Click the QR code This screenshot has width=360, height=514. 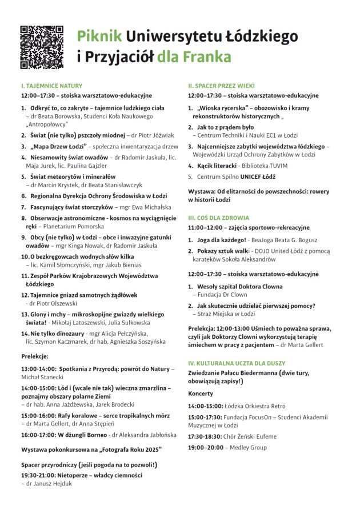coord(42,47)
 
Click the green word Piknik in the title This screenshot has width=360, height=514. coord(99,37)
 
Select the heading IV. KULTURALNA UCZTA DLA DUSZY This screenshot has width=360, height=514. coord(237,363)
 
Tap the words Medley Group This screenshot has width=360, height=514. coord(246,447)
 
